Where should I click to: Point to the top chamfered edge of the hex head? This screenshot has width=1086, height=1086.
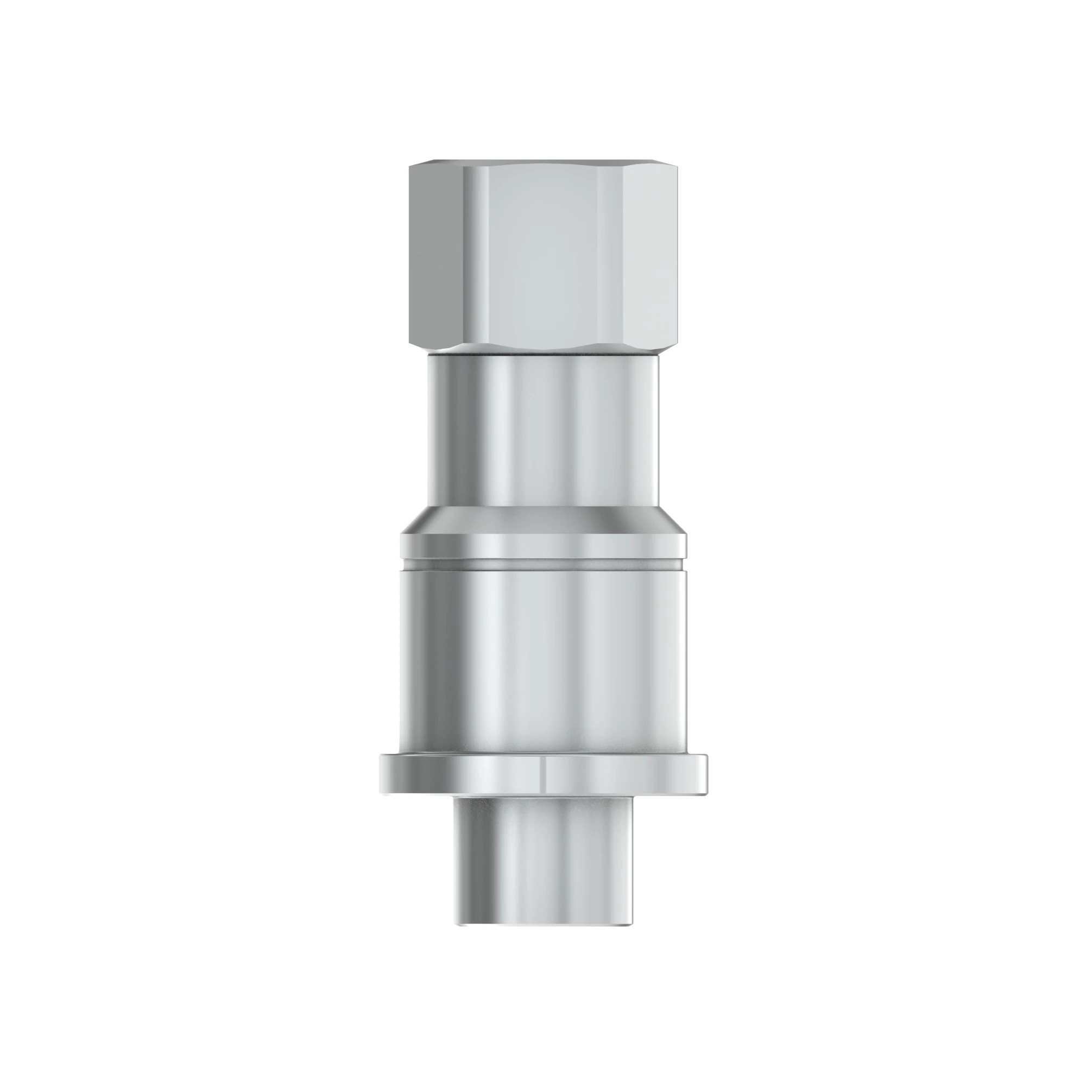pos(543,163)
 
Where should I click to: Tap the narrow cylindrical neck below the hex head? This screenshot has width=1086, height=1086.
pos(543,433)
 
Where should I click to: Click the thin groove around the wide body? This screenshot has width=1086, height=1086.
pos(543,563)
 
